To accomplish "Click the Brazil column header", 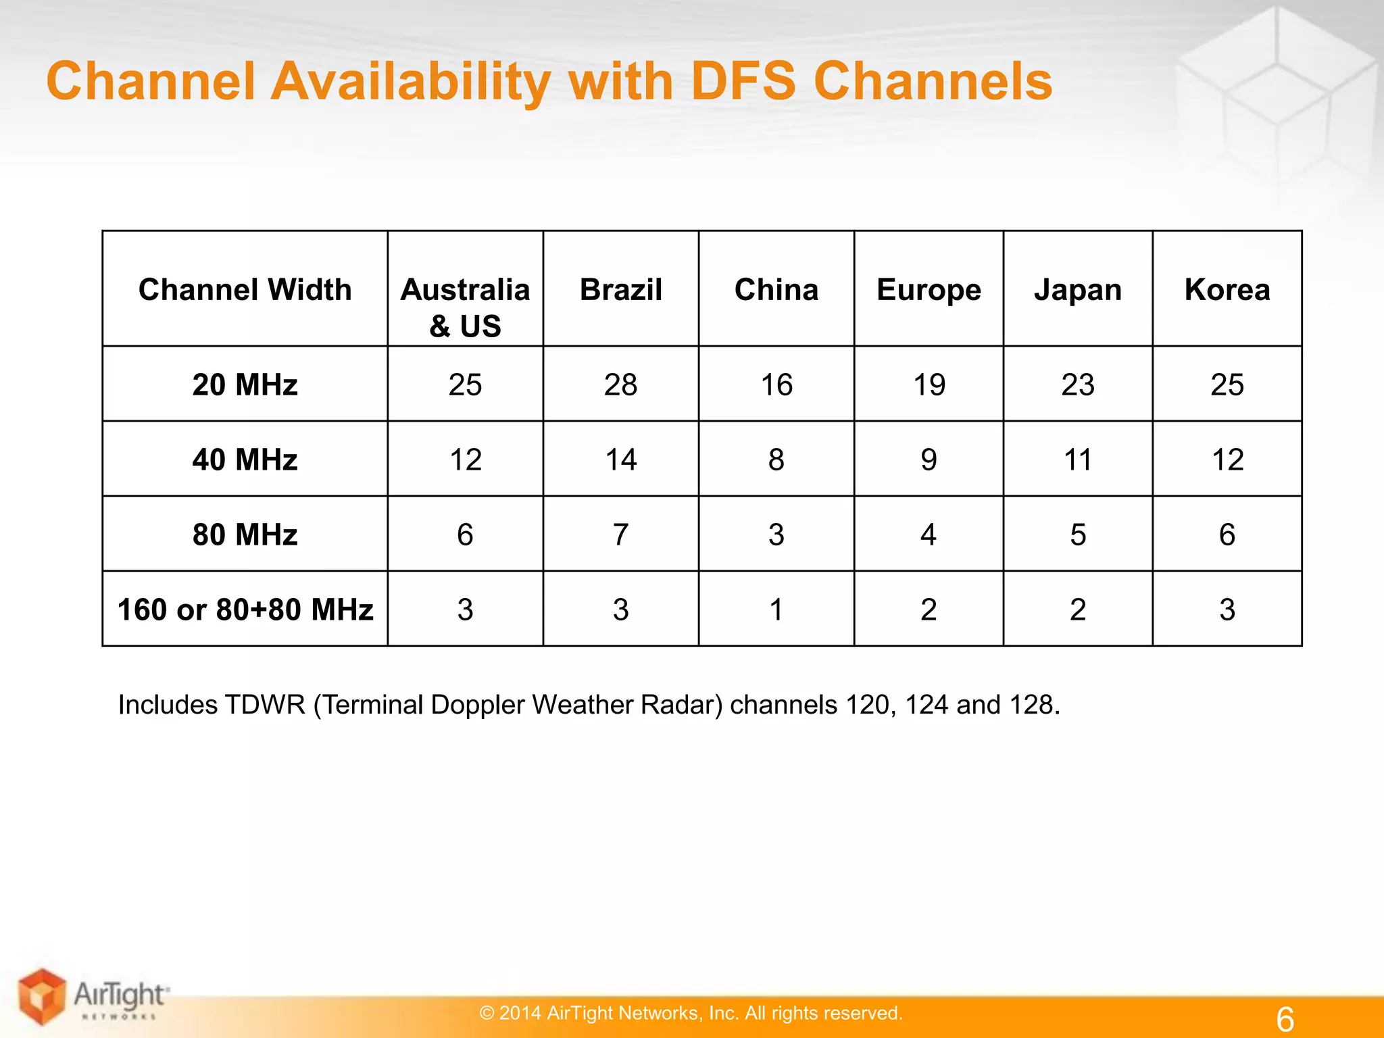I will pos(620,290).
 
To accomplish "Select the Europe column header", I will pos(929,290).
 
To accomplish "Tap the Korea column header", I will pos(1227,290).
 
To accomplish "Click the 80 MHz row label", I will pos(245,535).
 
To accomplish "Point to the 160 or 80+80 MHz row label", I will pos(245,610).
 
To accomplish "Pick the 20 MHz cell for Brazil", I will pos(620,385).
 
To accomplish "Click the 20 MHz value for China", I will pos(776,385).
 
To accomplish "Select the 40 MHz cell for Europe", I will pos(929,460).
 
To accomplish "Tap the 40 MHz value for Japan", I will pos(1078,460).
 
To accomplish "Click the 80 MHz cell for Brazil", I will pos(620,535).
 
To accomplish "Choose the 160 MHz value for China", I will pos(776,610).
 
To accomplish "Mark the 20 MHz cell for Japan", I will pos(1078,385).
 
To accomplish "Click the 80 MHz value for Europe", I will pos(929,535).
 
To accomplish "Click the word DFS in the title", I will pos(743,81).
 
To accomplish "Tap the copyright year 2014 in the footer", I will pos(520,1013).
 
